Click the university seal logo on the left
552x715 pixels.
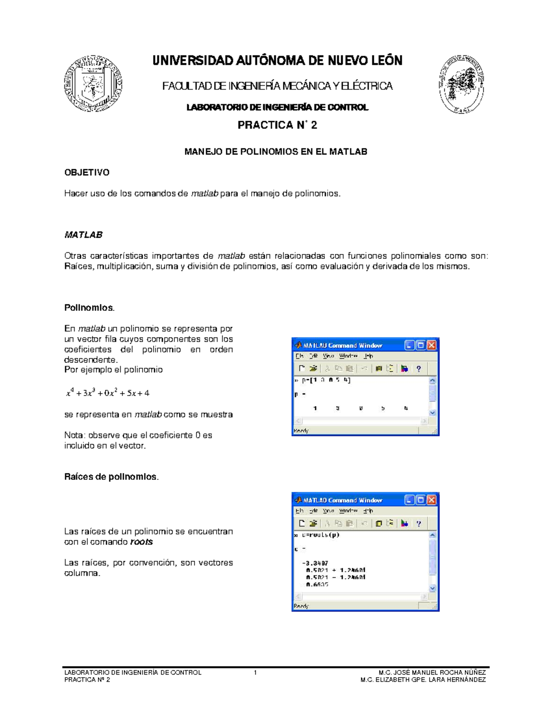pyautogui.click(x=93, y=84)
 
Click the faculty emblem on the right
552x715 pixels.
pyautogui.click(x=461, y=84)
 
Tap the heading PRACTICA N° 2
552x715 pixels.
pyautogui.click(x=277, y=125)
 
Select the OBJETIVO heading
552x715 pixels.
pyautogui.click(x=86, y=173)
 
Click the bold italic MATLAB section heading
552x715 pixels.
pyautogui.click(x=83, y=235)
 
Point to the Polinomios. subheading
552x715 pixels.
pyautogui.click(x=89, y=307)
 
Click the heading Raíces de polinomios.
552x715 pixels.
pyautogui.click(x=111, y=477)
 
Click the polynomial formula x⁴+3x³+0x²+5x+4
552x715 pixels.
pyautogui.click(x=108, y=393)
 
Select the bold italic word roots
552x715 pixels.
pyautogui.click(x=141, y=542)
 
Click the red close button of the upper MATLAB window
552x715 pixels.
pyautogui.click(x=431, y=345)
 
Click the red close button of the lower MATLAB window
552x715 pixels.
pyautogui.click(x=431, y=500)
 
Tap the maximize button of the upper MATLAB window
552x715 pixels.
pyautogui.click(x=420, y=345)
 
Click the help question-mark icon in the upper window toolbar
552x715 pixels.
pyautogui.click(x=418, y=368)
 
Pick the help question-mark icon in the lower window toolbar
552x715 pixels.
pyautogui.click(x=418, y=523)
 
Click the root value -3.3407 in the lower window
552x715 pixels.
pyautogui.click(x=315, y=563)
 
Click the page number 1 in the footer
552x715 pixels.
pyautogui.click(x=255, y=673)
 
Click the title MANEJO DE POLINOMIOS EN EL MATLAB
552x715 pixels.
pyautogui.click(x=276, y=151)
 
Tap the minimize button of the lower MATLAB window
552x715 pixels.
pyautogui.click(x=409, y=500)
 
